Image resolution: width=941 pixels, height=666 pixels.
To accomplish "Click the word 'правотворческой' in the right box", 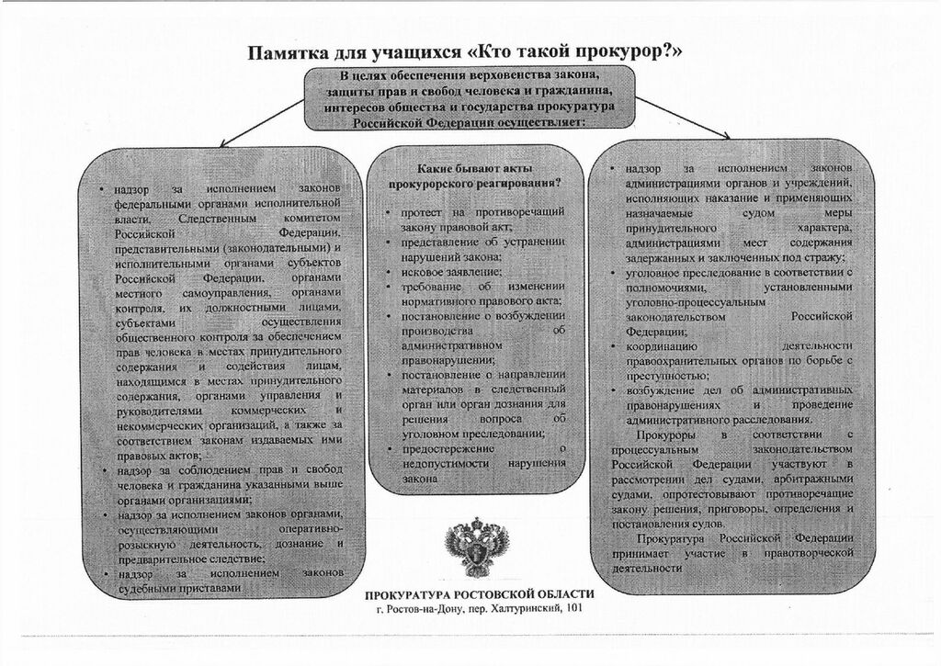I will (809, 554).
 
